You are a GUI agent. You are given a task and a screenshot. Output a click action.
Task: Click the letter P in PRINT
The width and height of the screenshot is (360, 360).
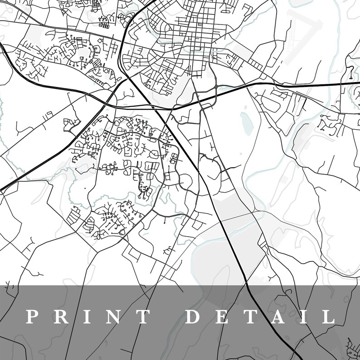pyautogui.click(x=31, y=316)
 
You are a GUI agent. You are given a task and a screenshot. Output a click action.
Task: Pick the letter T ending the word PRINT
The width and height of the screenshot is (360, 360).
pyautogui.click(x=144, y=316)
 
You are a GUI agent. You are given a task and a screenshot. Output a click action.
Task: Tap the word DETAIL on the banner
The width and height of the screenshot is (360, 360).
pyautogui.click(x=260, y=316)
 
